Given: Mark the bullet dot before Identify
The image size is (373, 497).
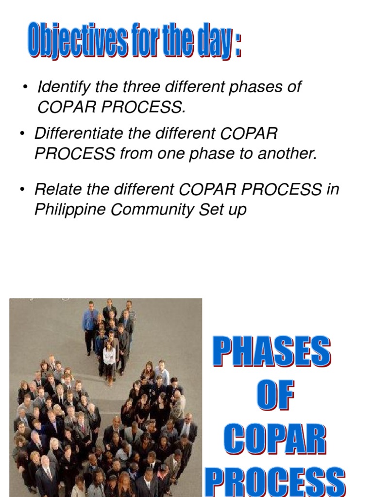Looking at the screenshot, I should (x=25, y=88).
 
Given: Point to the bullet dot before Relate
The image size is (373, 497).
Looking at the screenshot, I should (x=22, y=190).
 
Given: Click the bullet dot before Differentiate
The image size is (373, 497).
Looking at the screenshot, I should (x=22, y=133).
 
